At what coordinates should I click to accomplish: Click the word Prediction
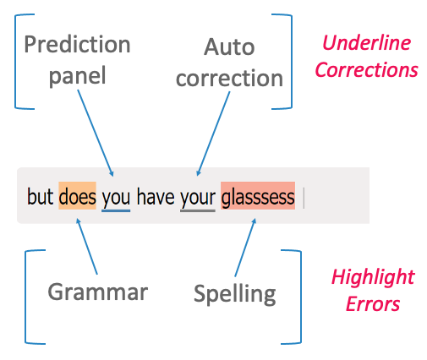[77, 44]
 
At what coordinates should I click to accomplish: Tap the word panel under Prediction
[78, 76]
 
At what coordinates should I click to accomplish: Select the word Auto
[229, 46]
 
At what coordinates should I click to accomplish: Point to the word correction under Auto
[229, 78]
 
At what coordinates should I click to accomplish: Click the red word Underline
[366, 43]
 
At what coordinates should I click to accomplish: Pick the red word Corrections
[366, 69]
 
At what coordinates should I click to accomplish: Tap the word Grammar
[98, 292]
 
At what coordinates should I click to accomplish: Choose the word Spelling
[235, 295]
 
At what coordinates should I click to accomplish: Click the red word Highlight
[373, 277]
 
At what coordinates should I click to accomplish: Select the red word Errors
[373, 304]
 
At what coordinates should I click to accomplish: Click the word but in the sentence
[40, 196]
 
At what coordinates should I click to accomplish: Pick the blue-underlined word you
[116, 199]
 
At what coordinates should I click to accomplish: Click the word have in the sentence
[156, 196]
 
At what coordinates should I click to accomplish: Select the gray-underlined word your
[198, 199]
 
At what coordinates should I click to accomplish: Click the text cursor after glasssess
[304, 198]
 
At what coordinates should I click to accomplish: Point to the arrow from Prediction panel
[96, 133]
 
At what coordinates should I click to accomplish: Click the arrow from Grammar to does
[87, 246]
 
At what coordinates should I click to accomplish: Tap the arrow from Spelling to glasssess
[245, 247]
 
